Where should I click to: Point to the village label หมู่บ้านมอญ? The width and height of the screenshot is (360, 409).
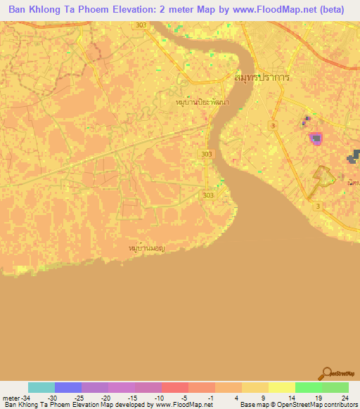(147, 249)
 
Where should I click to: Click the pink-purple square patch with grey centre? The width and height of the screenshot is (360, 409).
(316, 138)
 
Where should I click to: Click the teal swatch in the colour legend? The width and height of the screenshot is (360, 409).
(41, 387)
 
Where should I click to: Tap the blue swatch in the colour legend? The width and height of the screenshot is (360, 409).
(68, 387)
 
